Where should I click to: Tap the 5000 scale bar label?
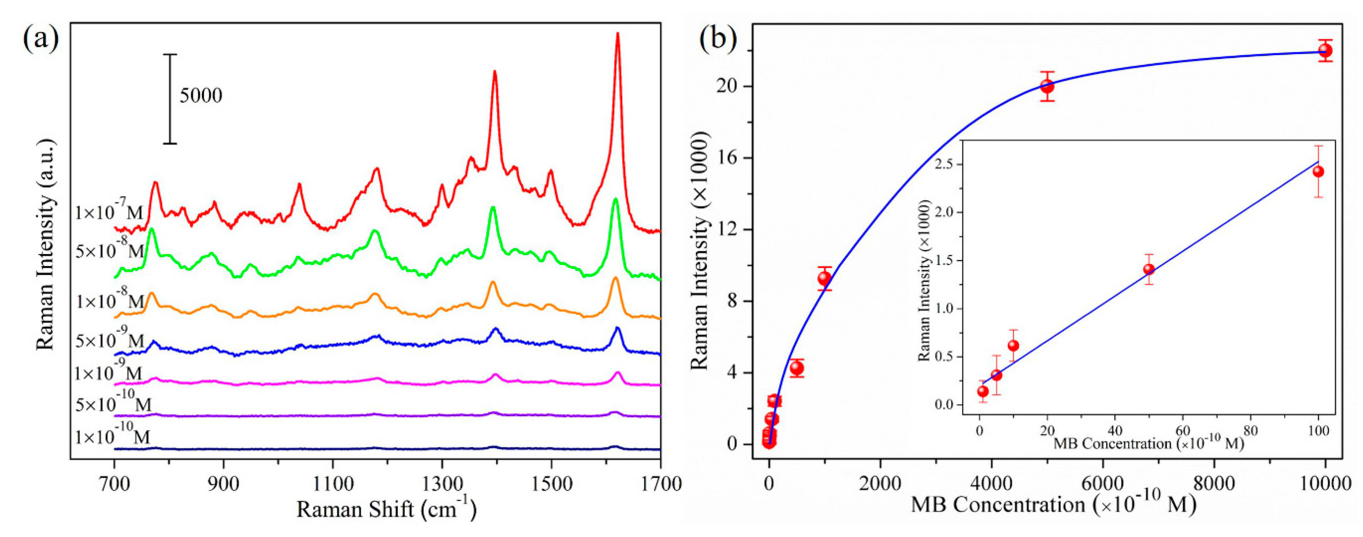pos(200,96)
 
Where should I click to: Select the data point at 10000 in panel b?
pos(1325,51)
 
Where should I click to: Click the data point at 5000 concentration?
pos(1047,86)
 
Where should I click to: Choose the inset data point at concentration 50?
pos(1149,269)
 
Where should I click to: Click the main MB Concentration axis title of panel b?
pos(1053,505)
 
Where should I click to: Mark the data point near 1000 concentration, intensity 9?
pos(824,278)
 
